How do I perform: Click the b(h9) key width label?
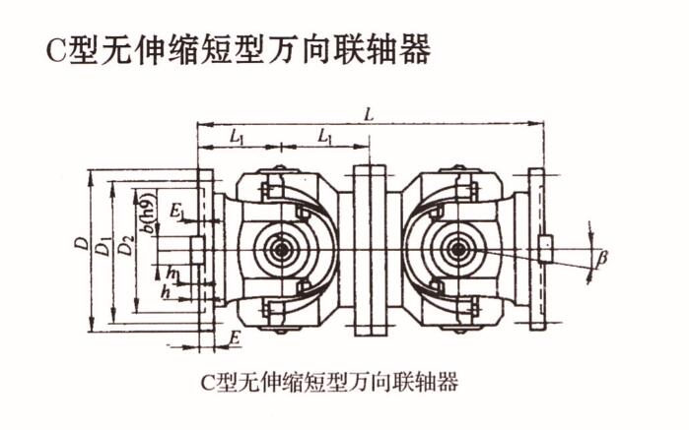(x=147, y=215)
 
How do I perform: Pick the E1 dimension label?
(x=176, y=211)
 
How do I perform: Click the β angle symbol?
(x=601, y=258)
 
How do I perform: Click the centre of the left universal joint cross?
(x=283, y=251)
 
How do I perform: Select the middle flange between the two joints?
(x=369, y=251)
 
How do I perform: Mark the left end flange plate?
(x=208, y=251)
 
